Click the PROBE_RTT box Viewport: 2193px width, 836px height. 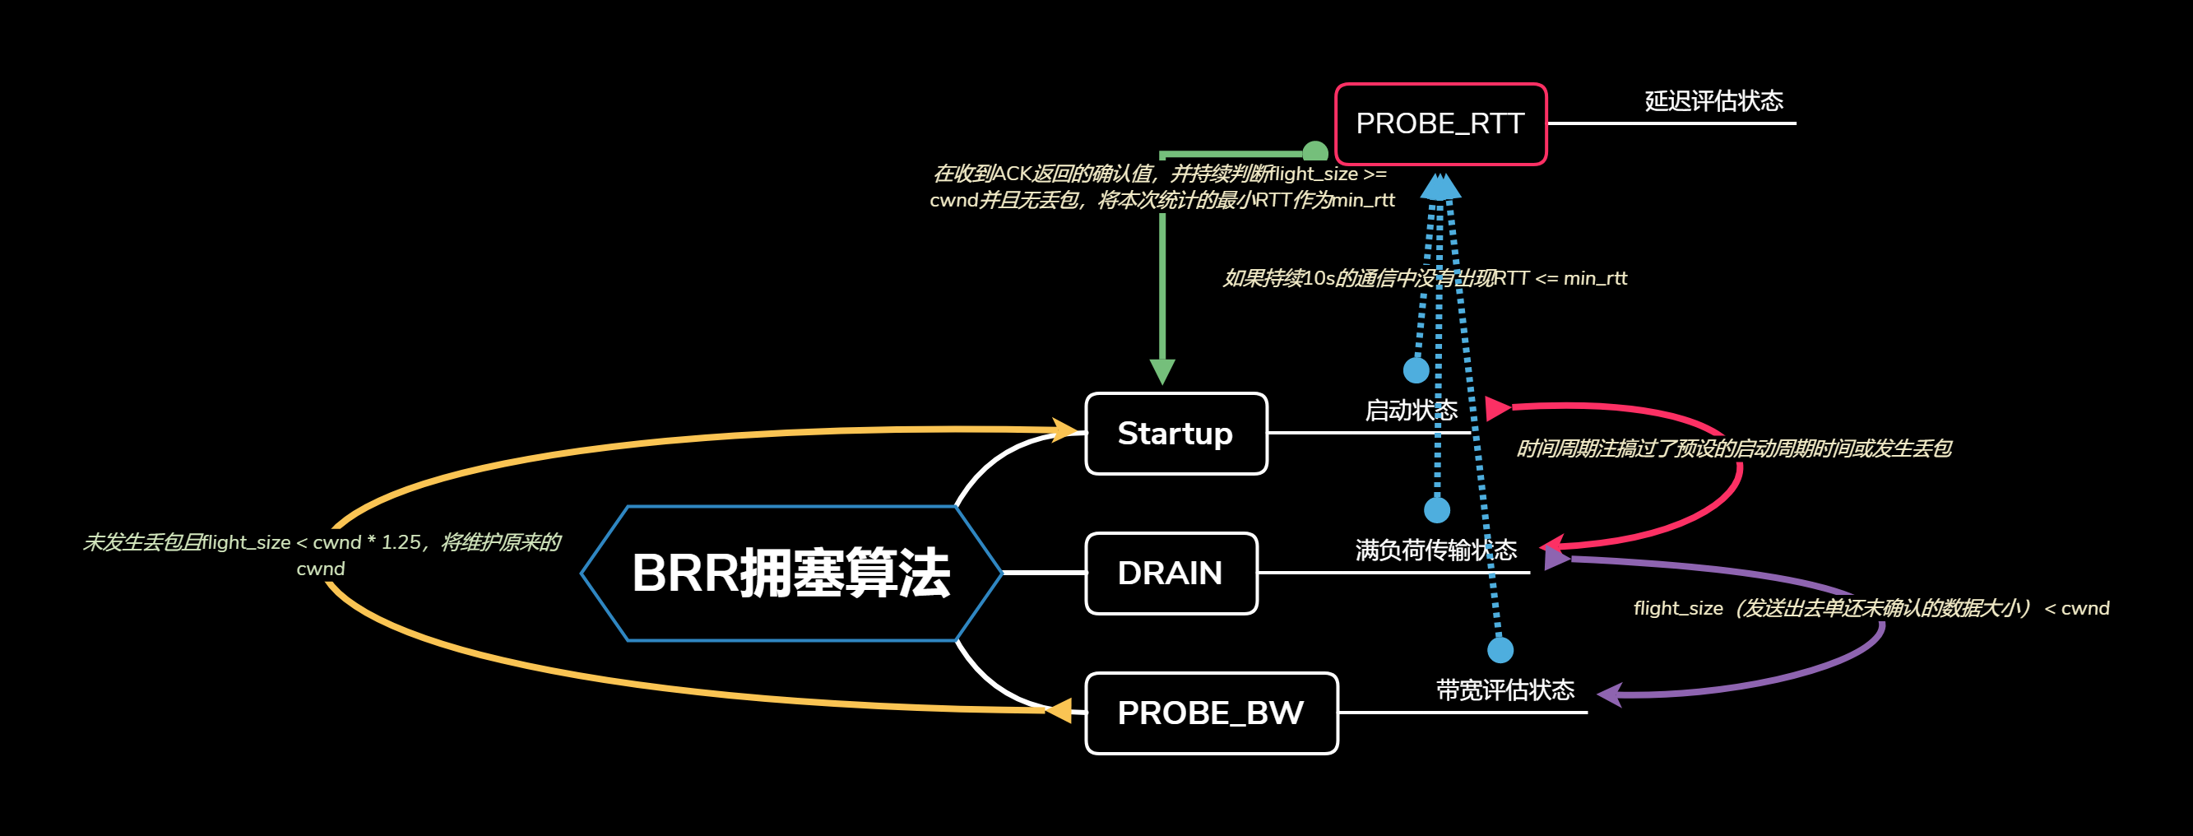1440,124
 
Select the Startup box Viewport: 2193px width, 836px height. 1175,434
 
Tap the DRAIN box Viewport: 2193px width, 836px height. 1171,573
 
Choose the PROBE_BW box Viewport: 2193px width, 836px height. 1211,713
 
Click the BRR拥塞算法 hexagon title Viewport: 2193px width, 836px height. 790,573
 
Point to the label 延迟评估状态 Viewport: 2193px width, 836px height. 1713,101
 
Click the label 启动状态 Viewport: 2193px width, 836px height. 1411,411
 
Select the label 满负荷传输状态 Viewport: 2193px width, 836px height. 1435,550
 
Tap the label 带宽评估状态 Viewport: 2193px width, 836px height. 1504,690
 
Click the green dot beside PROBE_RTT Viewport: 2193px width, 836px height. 1315,151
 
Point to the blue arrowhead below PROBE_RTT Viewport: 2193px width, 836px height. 1440,188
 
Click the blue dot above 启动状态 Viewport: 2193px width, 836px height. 1416,370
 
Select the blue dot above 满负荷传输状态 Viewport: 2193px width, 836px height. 1437,510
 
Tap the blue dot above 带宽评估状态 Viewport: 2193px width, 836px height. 1500,650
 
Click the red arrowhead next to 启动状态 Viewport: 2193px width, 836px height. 1495,409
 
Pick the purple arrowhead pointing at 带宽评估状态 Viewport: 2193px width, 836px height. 1609,694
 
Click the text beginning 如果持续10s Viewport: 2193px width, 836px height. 1424,278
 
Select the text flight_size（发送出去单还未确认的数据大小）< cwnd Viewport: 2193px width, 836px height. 1871,608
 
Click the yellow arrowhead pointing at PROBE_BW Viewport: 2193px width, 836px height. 1059,710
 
